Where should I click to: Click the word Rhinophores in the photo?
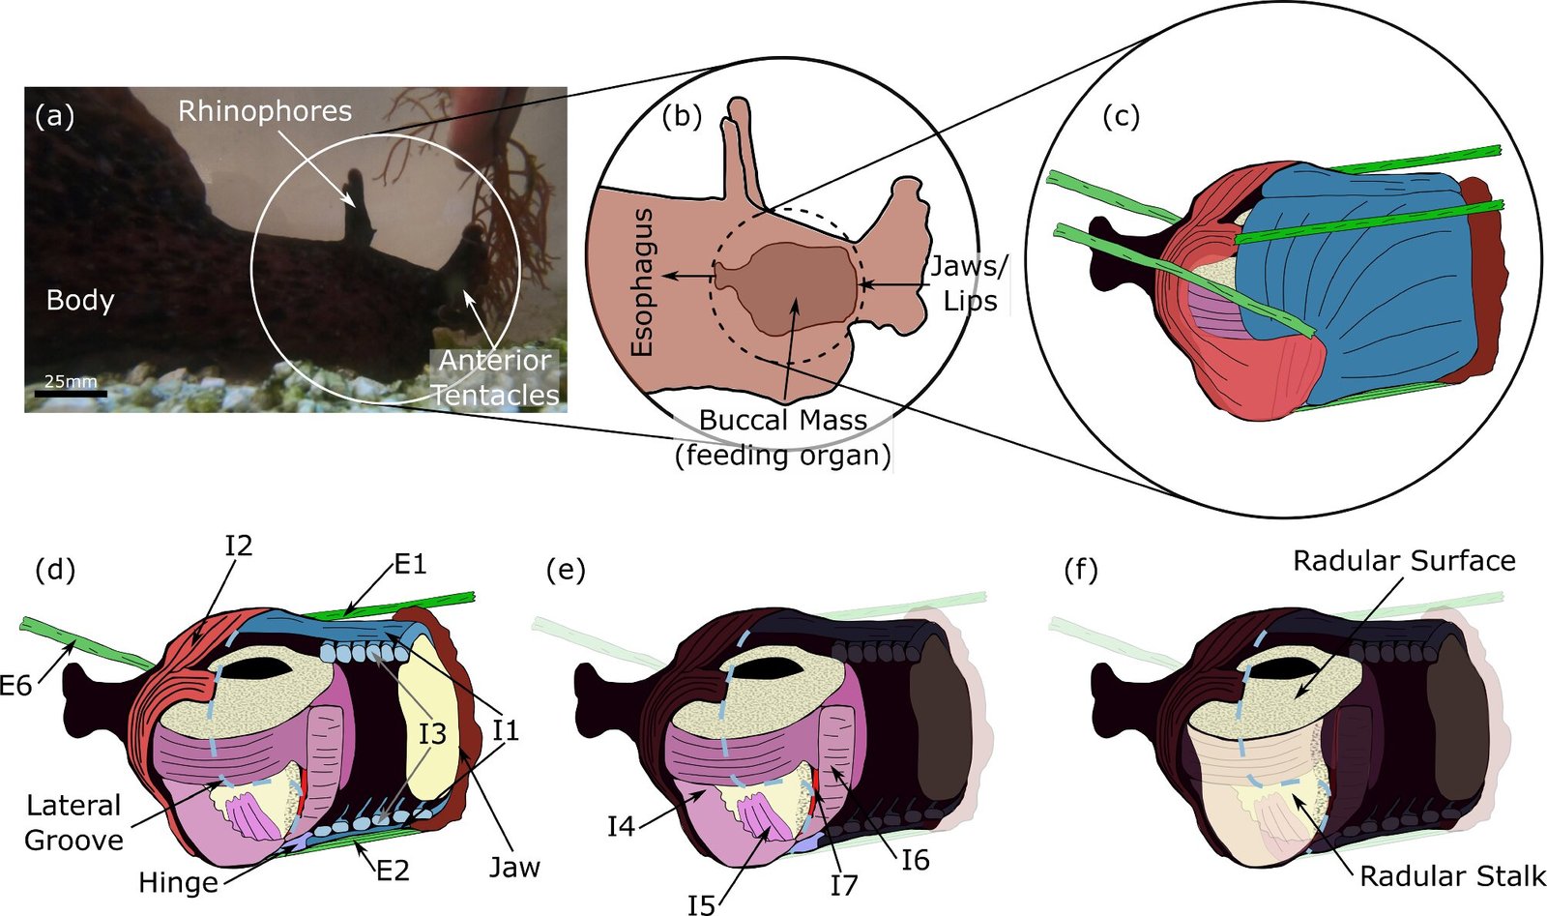pos(265,110)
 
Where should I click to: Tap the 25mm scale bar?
pos(71,393)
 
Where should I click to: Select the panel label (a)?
pos(54,116)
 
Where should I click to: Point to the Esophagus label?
pos(642,282)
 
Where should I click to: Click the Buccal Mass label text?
pos(783,420)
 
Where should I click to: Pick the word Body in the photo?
pos(80,301)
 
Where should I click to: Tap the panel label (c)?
pos(1121,117)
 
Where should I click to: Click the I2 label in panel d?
pos(238,546)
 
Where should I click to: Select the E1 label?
pos(410,564)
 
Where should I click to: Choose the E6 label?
pos(15,686)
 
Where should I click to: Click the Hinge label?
pos(178,882)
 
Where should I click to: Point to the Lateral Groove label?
pos(73,823)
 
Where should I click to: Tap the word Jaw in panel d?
pos(514,867)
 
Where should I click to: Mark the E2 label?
pos(393,871)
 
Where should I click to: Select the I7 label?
pos(843,885)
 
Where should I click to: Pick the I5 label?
pos(701,904)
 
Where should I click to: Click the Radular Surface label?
pos(1404,561)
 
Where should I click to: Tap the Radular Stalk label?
pos(1452,876)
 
